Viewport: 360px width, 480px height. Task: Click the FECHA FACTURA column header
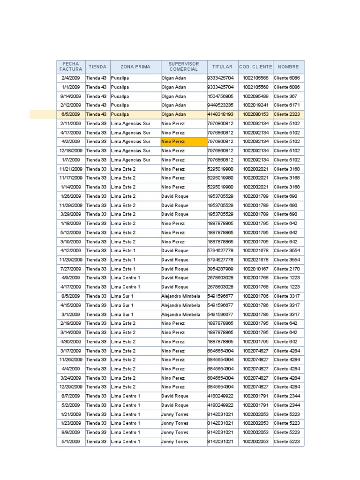pos(71,67)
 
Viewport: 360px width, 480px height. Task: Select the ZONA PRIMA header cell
pos(135,67)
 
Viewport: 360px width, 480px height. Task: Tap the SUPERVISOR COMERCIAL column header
pos(184,67)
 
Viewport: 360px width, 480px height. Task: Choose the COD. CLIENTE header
pos(255,67)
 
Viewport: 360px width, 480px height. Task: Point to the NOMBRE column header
pos(288,67)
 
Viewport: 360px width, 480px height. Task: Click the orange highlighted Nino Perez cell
pos(184,142)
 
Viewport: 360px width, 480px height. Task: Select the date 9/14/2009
pos(71,96)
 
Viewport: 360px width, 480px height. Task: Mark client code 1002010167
pos(255,269)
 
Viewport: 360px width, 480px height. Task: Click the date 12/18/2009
pos(71,150)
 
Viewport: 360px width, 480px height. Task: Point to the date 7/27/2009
pos(71,269)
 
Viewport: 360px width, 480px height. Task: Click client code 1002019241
pos(255,105)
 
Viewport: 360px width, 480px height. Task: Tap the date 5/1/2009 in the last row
pos(71,442)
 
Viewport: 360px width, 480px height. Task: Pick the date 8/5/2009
pos(71,296)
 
